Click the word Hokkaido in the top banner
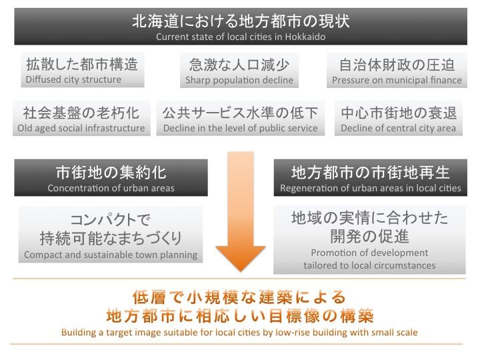[x=305, y=37]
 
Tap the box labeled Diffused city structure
[x=83, y=70]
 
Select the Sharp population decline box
[x=239, y=71]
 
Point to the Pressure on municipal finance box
[x=397, y=71]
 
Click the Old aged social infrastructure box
[x=81, y=118]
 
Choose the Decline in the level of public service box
[x=240, y=118]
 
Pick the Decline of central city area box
[x=398, y=118]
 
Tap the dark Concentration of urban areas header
[x=111, y=177]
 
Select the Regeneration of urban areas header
[x=371, y=177]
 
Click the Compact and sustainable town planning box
[x=111, y=235]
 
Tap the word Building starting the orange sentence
[x=79, y=333]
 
